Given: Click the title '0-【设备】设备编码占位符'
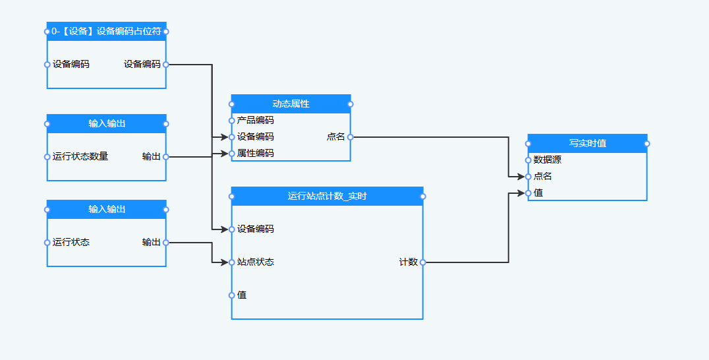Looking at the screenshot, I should click(106, 31).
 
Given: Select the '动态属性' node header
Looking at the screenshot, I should click(291, 104).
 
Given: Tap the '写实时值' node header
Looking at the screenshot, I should click(587, 143).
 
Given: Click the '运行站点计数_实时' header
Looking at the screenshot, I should click(327, 196).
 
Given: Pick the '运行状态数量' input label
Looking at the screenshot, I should click(80, 157).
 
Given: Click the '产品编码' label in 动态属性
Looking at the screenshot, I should click(256, 121).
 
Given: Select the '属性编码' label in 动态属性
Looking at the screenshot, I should click(256, 154).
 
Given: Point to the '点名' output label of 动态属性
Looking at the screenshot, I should click(335, 137).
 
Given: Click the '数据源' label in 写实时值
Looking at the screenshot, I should click(548, 160).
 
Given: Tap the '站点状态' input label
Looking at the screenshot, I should click(256, 262).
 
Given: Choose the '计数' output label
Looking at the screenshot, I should click(408, 262).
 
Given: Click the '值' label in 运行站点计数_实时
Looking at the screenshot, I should click(242, 295).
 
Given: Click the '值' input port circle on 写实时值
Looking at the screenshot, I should click(528, 193).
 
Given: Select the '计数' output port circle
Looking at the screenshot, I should click(423, 262).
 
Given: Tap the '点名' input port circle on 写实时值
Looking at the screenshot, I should click(528, 177).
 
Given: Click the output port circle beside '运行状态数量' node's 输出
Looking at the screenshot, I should click(165, 157).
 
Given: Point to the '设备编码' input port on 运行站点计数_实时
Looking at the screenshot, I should click(231, 229).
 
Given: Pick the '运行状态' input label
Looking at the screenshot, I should click(71, 243).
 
